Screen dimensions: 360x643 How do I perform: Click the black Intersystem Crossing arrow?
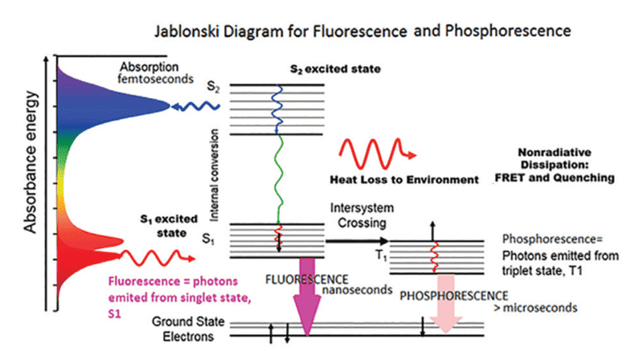tap(354, 240)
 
